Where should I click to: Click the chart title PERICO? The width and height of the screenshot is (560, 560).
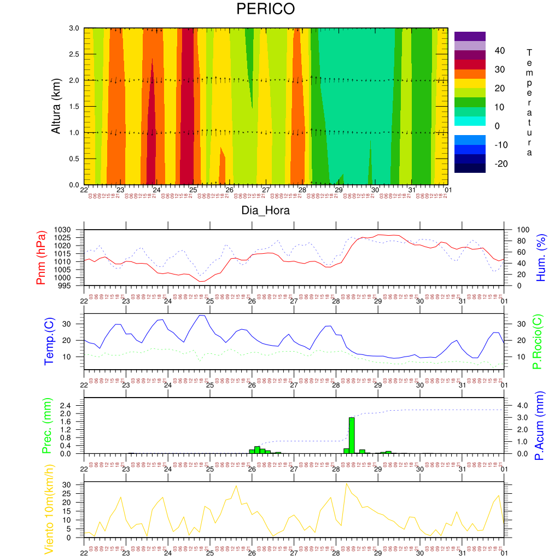click(265, 9)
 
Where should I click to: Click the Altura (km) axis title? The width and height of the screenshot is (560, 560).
click(56, 106)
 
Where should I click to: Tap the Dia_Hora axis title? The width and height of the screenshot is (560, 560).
click(265, 211)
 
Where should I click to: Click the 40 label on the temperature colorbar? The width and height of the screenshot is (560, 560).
click(500, 51)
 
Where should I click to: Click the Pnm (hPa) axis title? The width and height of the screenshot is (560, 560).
click(41, 258)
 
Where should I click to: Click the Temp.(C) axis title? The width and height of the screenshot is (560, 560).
click(49, 342)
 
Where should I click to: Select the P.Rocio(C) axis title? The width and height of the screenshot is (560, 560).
click(537, 342)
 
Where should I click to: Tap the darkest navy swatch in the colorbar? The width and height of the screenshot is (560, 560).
click(470, 168)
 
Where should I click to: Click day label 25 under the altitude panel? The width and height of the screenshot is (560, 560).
click(193, 190)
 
